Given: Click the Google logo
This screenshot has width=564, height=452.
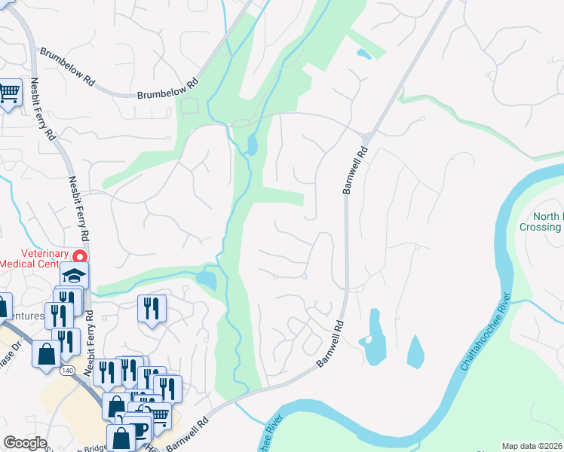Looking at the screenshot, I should (24, 443).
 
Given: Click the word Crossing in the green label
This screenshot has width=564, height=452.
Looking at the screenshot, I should (540, 227).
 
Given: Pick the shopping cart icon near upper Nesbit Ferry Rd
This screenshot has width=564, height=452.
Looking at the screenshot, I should (9, 93).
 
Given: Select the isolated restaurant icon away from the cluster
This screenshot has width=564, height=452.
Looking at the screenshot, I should (152, 307).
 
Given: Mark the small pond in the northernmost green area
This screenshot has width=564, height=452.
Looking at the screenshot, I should (363, 54).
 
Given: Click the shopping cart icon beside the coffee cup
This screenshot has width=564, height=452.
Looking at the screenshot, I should (158, 415).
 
